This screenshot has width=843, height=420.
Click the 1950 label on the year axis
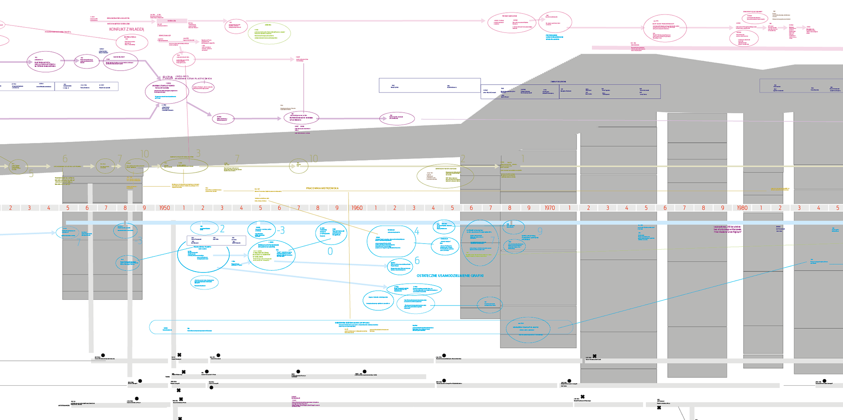click(x=164, y=208)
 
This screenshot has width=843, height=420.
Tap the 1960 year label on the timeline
click(x=357, y=208)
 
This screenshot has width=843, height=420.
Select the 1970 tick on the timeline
click(x=550, y=208)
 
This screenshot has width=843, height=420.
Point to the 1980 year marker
click(x=742, y=208)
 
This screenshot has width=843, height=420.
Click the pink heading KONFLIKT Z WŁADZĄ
click(x=126, y=29)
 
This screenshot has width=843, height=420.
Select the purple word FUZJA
click(x=168, y=78)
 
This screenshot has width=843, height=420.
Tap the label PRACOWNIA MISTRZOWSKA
click(x=322, y=188)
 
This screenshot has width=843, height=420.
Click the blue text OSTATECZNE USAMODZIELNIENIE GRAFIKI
click(x=450, y=276)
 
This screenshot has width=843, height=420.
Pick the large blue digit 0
click(x=330, y=251)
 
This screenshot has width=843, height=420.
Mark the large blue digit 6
click(x=417, y=261)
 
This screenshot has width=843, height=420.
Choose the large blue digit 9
click(x=540, y=231)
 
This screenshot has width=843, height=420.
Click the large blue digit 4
click(x=417, y=231)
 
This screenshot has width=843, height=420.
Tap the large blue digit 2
click(x=223, y=229)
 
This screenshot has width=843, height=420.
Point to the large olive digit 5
click(x=31, y=174)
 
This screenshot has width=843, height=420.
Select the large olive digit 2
click(x=463, y=159)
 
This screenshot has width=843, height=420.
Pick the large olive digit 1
click(x=522, y=158)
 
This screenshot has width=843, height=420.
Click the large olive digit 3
click(x=198, y=153)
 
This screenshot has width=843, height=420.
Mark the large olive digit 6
click(x=65, y=159)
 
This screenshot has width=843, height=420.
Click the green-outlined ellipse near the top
click(x=269, y=33)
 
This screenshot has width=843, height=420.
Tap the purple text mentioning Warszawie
click(x=728, y=229)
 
